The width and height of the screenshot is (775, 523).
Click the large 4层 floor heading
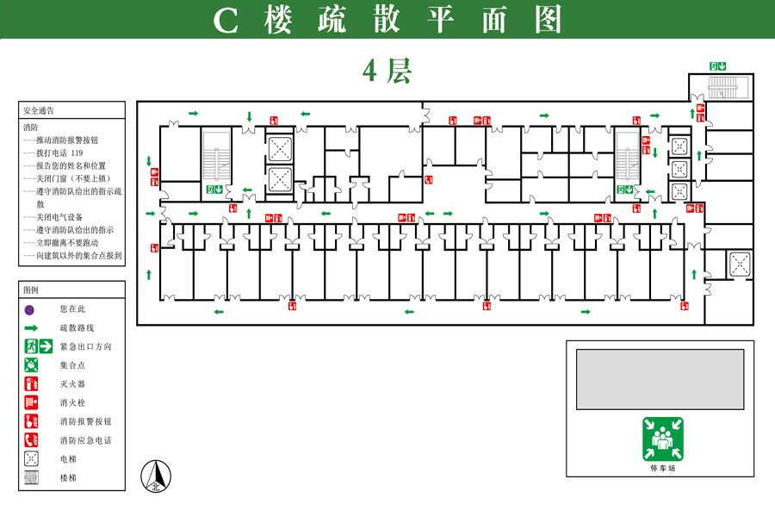(x=387, y=71)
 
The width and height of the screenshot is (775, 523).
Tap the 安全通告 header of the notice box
(x=39, y=111)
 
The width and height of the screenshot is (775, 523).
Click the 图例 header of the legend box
(x=31, y=290)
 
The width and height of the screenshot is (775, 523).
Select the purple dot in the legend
(x=29, y=310)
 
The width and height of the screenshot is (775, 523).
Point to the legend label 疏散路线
(x=77, y=327)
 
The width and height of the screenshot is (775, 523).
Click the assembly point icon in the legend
(x=31, y=365)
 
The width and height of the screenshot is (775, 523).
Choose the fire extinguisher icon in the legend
(x=31, y=383)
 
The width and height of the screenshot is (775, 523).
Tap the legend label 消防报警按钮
(x=85, y=421)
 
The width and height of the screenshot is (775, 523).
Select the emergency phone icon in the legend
(x=31, y=440)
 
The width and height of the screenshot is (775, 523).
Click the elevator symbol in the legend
(x=31, y=458)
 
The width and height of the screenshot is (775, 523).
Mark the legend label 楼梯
(x=68, y=478)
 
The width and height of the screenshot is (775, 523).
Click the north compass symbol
(x=156, y=476)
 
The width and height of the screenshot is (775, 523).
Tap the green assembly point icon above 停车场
(x=663, y=439)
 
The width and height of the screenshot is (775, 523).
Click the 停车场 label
(x=663, y=468)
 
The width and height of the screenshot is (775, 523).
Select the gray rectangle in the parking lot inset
(x=660, y=379)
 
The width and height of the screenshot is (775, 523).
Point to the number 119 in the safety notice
(x=77, y=153)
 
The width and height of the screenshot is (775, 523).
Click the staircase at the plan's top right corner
(x=722, y=88)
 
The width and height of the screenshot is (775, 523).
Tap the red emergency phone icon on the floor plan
(x=429, y=179)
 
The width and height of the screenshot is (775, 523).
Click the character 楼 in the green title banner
(x=278, y=20)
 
